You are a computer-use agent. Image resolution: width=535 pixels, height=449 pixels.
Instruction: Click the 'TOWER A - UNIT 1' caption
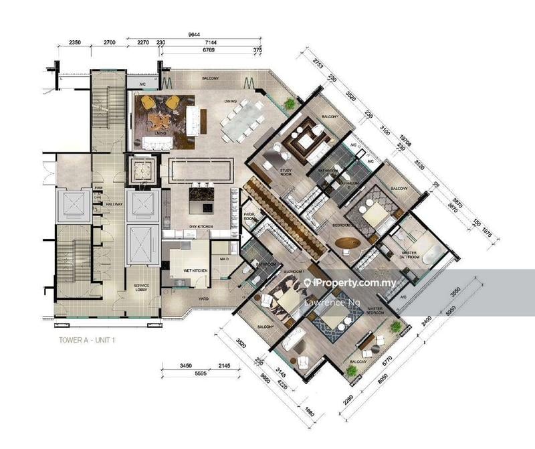(86, 340)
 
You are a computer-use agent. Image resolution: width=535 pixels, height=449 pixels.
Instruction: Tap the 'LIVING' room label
(160, 133)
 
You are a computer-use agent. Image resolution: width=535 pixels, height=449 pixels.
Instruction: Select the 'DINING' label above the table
(232, 101)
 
